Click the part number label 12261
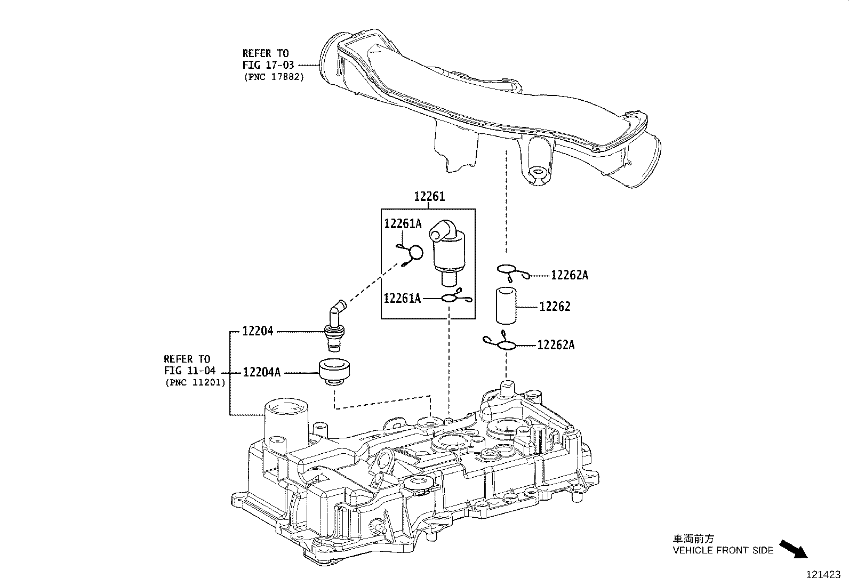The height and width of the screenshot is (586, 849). click(x=429, y=197)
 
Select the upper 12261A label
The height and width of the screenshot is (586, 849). click(x=403, y=224)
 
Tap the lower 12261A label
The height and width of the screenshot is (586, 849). click(x=402, y=299)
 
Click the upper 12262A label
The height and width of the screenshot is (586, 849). click(x=570, y=275)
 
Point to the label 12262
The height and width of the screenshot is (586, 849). click(x=555, y=307)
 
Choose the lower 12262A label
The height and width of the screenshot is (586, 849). click(x=556, y=345)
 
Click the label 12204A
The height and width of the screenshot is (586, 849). click(x=261, y=372)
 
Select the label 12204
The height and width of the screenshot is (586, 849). click(x=258, y=331)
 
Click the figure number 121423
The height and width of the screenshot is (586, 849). click(x=822, y=575)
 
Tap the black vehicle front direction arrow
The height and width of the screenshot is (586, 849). click(x=794, y=549)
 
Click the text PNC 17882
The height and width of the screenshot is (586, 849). click(x=274, y=77)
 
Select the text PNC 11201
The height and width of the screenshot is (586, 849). click(x=195, y=382)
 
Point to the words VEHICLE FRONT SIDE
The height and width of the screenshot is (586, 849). click(x=723, y=550)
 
